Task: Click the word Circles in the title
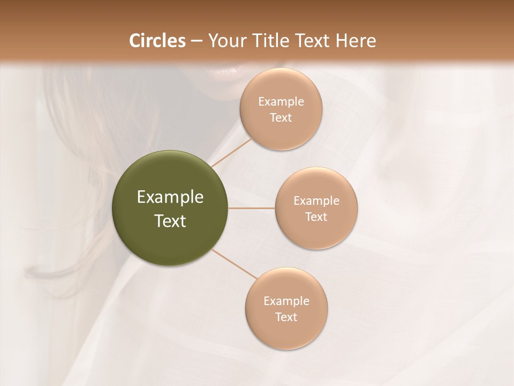click(157, 41)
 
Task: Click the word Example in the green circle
click(170, 197)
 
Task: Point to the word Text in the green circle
click(170, 221)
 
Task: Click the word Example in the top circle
click(281, 102)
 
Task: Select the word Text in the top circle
click(281, 118)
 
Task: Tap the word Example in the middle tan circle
click(316, 201)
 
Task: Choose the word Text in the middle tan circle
click(316, 217)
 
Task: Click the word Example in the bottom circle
click(286, 301)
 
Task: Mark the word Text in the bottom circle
click(286, 317)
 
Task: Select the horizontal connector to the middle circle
click(252, 208)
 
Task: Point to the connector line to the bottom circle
click(235, 263)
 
